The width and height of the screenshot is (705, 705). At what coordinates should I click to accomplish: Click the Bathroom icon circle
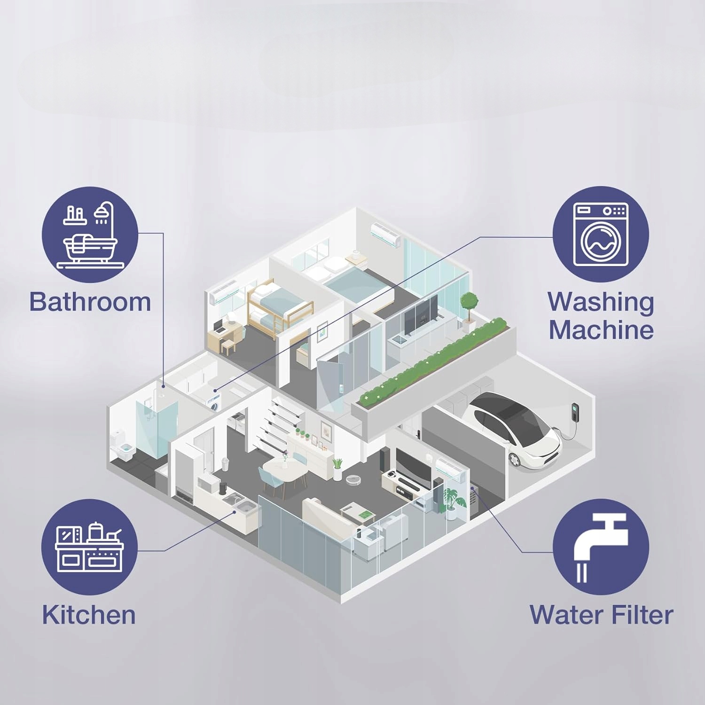tap(90, 235)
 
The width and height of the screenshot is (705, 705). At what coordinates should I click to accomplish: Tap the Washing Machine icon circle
tap(600, 235)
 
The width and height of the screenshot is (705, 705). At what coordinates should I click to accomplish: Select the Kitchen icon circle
tap(89, 547)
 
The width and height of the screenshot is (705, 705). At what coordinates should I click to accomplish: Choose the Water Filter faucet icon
tap(600, 547)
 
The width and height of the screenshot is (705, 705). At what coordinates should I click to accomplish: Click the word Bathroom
tap(90, 302)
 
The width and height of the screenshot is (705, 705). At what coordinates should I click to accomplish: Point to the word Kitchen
tap(89, 615)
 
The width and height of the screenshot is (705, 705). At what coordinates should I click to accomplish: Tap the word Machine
tap(601, 329)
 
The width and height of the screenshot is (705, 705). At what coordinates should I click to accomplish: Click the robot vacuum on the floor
tap(351, 479)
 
